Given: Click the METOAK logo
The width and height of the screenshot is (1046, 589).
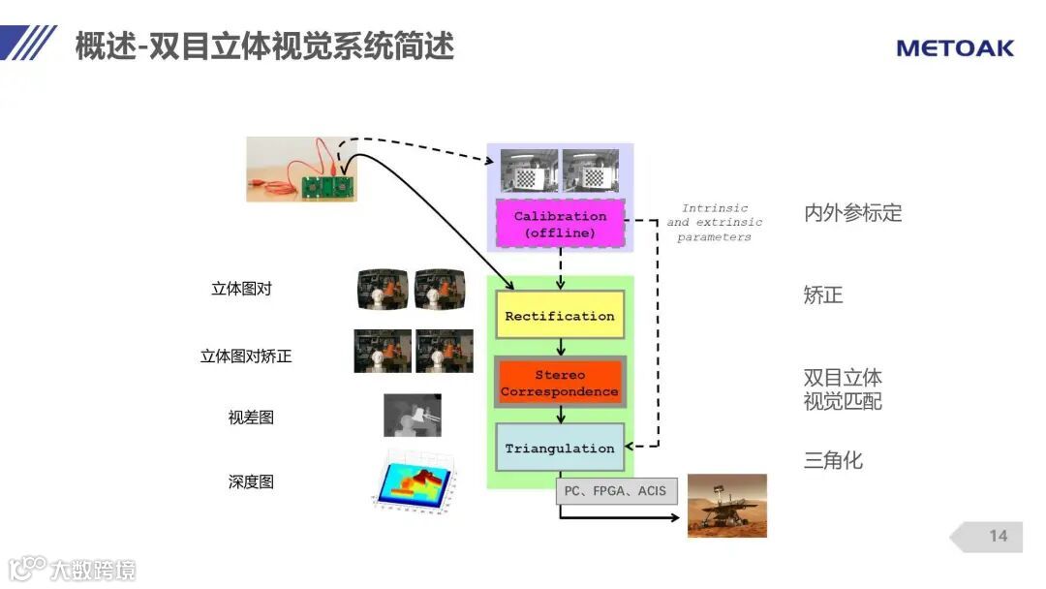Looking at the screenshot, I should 954,47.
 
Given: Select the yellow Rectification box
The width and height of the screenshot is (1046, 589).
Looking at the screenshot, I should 559,316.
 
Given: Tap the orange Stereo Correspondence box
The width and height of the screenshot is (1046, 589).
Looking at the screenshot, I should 560,383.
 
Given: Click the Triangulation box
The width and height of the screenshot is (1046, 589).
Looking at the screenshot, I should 560,449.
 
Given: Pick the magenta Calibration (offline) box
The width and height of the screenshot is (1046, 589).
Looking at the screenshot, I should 560,225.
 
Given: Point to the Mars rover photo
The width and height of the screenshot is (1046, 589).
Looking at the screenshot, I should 726,506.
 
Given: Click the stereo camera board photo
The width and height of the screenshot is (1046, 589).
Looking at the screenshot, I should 300,169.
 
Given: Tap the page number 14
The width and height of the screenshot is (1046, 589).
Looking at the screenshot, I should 998,536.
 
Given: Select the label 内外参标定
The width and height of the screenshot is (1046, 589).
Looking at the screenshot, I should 852,213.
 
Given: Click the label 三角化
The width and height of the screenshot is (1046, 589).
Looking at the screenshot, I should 833,460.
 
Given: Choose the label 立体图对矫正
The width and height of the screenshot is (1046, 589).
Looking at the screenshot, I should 246,356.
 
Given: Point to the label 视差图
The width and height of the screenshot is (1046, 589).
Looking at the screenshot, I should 251,418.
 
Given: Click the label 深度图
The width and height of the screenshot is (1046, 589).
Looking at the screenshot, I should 251,481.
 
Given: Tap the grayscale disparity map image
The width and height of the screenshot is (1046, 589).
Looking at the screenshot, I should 413,416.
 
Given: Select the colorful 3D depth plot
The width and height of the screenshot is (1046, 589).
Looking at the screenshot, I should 412,480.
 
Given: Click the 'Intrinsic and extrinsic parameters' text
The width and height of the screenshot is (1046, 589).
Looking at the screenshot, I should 715,223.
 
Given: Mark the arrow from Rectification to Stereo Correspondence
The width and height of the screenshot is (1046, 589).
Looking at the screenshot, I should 561,347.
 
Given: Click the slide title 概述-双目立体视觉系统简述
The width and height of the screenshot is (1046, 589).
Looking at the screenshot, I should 264,46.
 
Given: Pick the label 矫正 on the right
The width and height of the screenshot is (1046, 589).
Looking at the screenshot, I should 823,295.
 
